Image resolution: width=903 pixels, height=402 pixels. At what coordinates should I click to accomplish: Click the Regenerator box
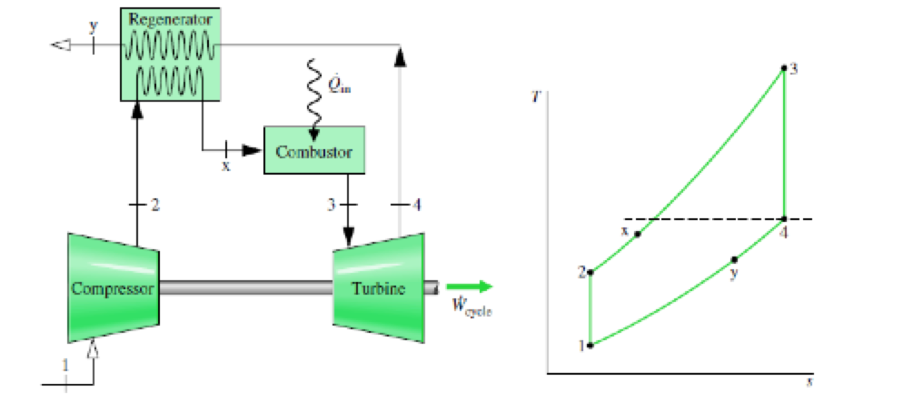tap(169, 53)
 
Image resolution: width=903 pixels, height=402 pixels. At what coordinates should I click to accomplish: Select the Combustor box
tap(313, 150)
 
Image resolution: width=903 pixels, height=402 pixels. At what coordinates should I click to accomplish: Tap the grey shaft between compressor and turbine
tap(245, 287)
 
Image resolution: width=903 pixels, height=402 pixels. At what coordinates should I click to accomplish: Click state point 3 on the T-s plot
tap(783, 68)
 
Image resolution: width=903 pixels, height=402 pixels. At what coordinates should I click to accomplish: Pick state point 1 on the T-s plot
tap(590, 345)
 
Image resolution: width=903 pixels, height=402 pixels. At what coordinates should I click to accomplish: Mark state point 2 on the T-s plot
tap(590, 272)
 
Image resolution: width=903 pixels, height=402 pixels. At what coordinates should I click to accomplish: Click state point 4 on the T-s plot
tap(783, 218)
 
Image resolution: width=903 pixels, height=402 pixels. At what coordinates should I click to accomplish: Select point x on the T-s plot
tap(638, 234)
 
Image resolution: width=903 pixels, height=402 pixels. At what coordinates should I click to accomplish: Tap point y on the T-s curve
tap(734, 259)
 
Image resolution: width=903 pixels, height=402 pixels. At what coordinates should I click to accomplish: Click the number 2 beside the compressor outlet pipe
tap(155, 206)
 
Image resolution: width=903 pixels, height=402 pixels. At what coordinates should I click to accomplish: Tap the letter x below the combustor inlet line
tap(226, 166)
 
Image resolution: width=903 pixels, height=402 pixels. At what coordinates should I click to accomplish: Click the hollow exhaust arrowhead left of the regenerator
tap(61, 44)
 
